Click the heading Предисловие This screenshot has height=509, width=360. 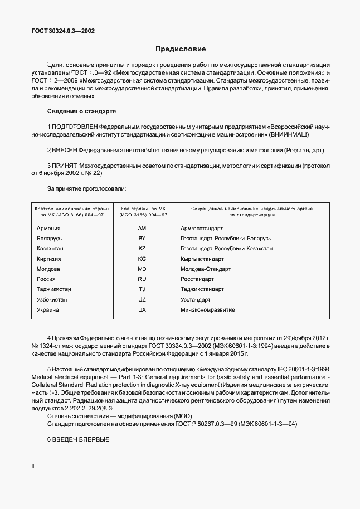coord(180,49)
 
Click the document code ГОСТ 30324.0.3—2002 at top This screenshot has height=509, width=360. coord(62,31)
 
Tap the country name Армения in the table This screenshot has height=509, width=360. coord(48,228)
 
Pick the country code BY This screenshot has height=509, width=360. coord(142,238)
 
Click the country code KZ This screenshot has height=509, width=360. coord(142,249)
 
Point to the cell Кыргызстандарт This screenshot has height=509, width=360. coord(202,259)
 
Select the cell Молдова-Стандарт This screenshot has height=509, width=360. coord(206,269)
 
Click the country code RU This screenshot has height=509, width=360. coord(142,279)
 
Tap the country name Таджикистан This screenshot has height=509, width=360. coord(53,289)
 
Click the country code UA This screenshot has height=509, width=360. coord(142,309)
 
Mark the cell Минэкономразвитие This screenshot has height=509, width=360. coord(208,309)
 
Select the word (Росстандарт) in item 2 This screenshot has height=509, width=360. coord(304,151)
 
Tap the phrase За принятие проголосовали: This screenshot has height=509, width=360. coord(86,189)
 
